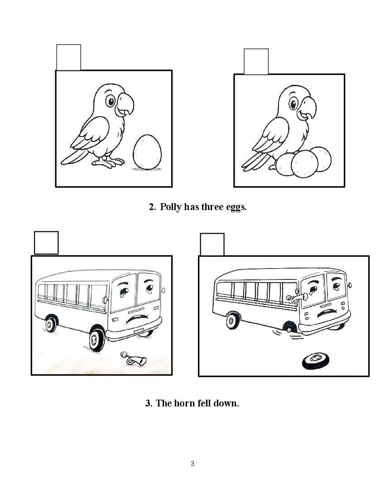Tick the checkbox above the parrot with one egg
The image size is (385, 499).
tap(68, 57)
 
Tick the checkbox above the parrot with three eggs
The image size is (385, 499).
tap(256, 61)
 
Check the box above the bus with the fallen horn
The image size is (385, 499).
tap(46, 243)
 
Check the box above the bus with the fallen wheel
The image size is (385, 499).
tap(212, 245)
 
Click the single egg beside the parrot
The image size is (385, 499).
tap(147, 152)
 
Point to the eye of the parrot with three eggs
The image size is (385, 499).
tap(293, 103)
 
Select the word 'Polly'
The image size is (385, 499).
tap(171, 207)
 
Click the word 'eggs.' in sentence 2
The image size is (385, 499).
tap(236, 207)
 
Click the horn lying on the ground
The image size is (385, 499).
tap(133, 358)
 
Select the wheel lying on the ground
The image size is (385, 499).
tap(315, 361)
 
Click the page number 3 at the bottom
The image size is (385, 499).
tap(192, 464)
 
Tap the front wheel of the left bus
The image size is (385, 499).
tap(96, 338)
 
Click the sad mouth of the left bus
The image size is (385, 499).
tap(137, 318)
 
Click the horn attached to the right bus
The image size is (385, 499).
tap(297, 298)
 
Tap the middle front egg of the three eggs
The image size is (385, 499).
tap(304, 164)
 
